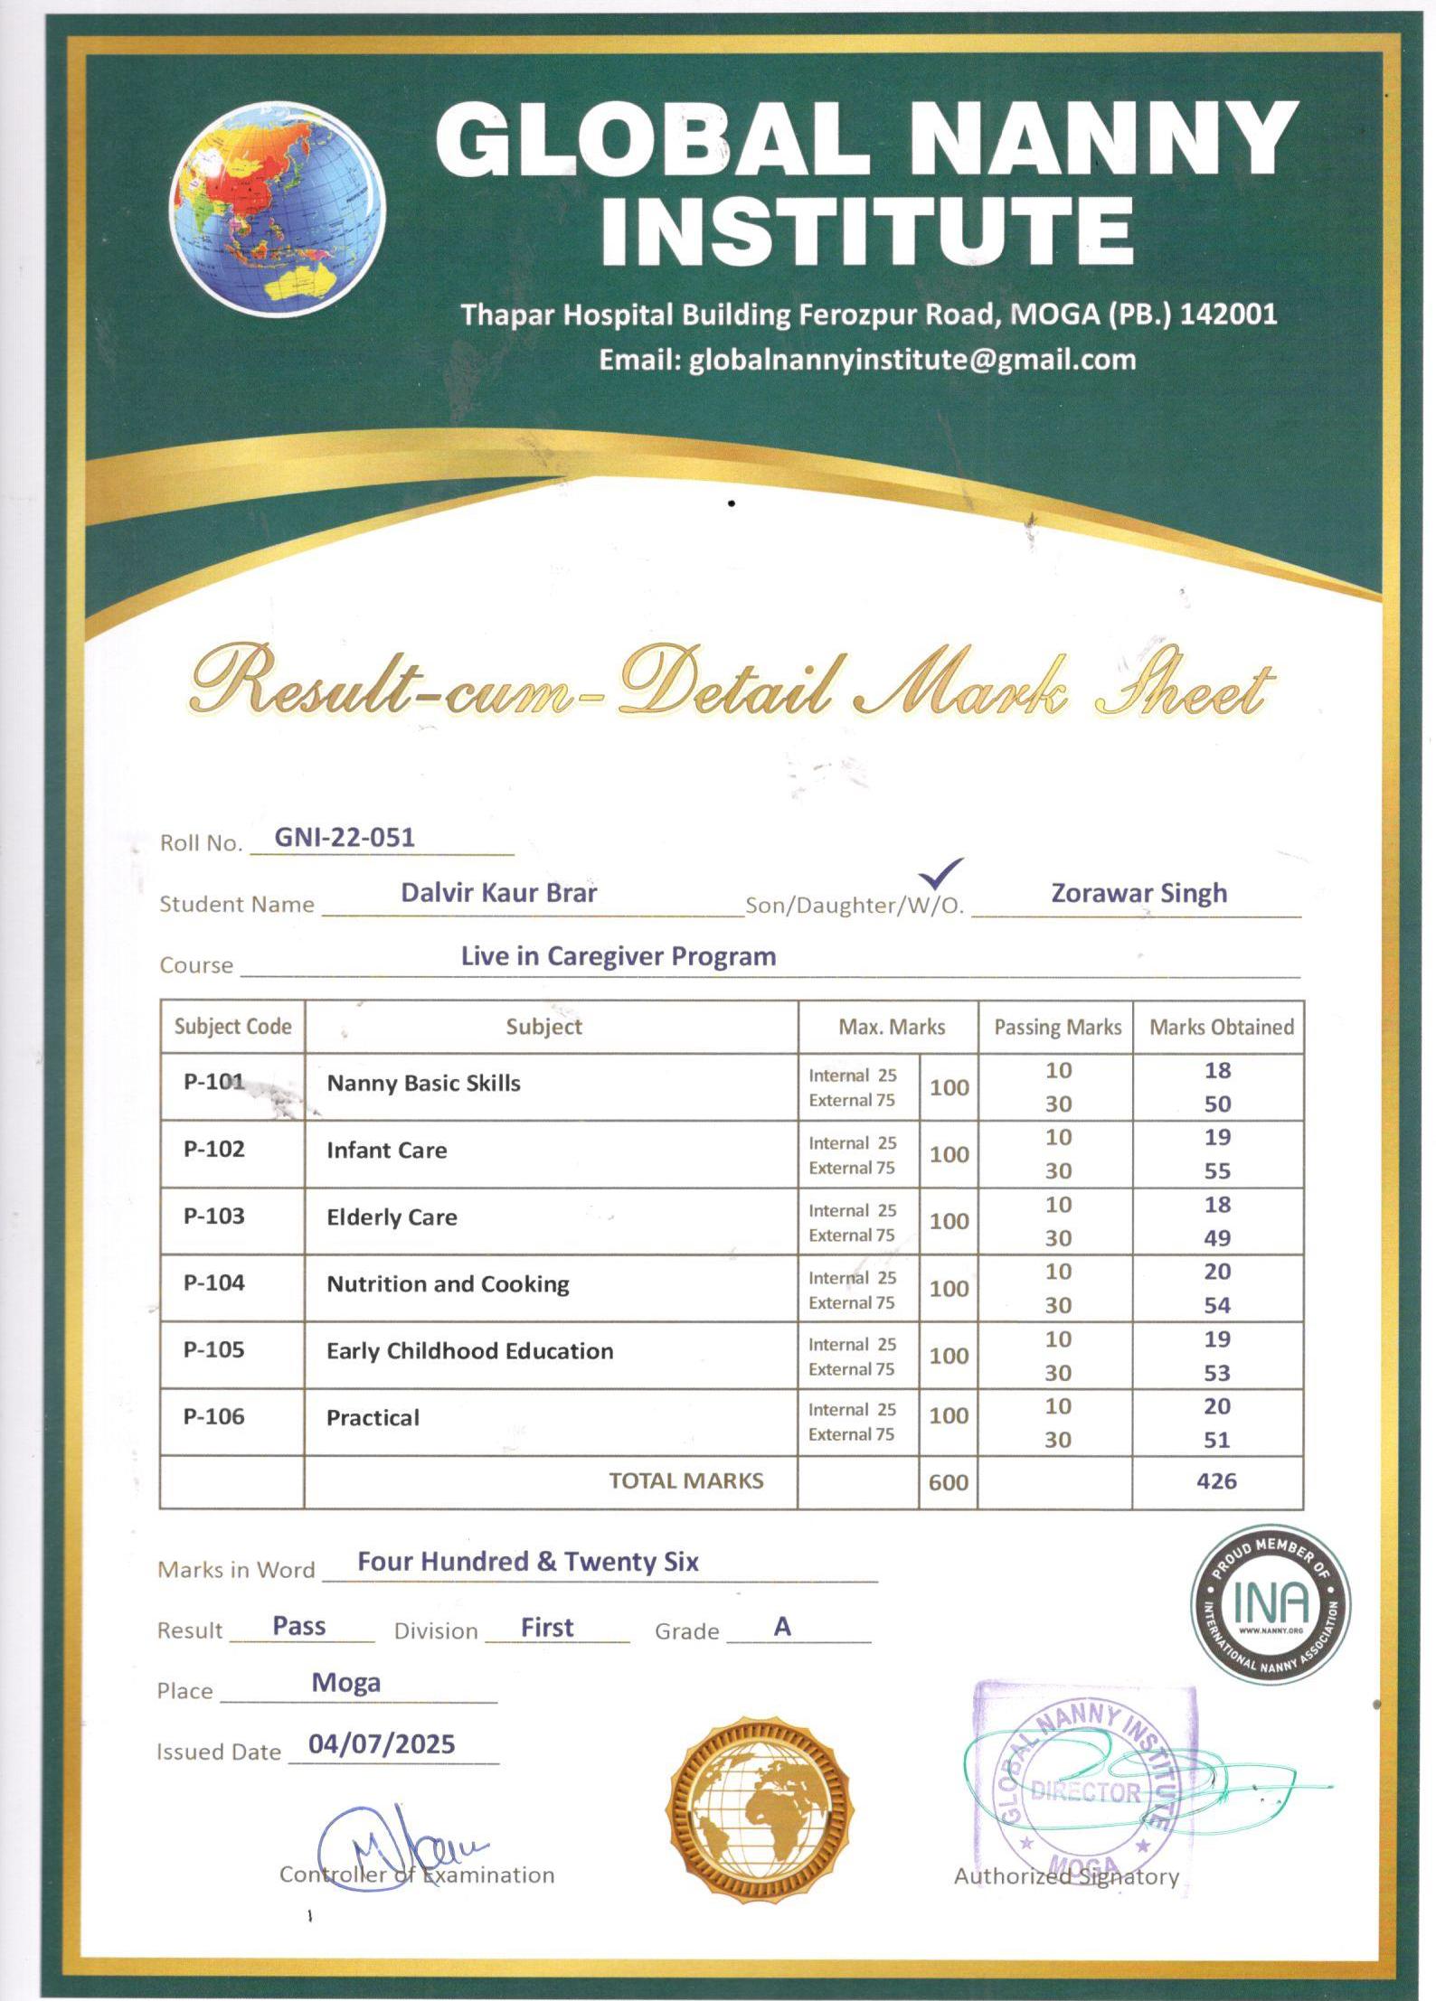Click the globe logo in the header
click(277, 208)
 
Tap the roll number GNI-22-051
click(345, 837)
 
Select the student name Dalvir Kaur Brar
click(498, 893)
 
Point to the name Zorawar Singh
click(1138, 893)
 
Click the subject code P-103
click(214, 1216)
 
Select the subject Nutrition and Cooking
click(448, 1284)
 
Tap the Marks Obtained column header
click(1221, 1027)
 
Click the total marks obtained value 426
click(1216, 1480)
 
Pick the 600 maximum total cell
click(948, 1482)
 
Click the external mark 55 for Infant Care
click(1217, 1171)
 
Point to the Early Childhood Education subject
click(469, 1351)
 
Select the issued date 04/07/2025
click(382, 1744)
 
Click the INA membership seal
click(1270, 1606)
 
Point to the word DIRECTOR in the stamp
click(1085, 1791)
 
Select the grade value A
click(782, 1627)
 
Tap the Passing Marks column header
click(1057, 1027)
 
